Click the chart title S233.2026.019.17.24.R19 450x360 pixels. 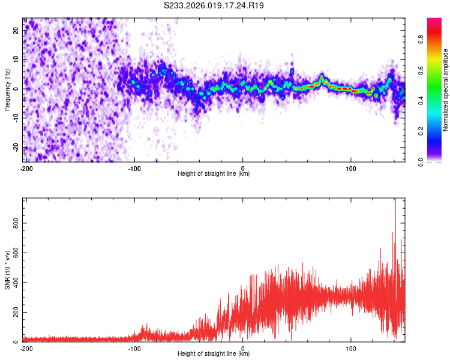tap(214, 5)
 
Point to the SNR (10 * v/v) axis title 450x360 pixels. tap(7, 270)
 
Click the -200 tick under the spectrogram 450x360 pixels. tap(26, 168)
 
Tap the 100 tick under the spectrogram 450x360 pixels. tap(352, 168)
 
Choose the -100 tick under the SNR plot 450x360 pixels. tap(134, 348)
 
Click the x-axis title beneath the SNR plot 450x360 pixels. tap(214, 354)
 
